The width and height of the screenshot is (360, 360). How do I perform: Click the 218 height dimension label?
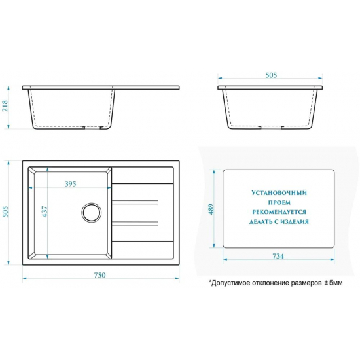click(x=5, y=106)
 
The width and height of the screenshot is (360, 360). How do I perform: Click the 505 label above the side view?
click(x=271, y=75)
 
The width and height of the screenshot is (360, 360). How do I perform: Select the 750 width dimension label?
click(x=99, y=275)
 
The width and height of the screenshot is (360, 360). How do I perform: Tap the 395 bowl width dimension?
click(x=70, y=184)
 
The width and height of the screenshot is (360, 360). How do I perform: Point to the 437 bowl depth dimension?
click(x=45, y=211)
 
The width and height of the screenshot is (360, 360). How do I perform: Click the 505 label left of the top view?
click(x=5, y=211)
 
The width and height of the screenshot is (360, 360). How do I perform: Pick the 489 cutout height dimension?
click(x=211, y=209)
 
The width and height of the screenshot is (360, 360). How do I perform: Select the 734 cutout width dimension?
click(x=278, y=256)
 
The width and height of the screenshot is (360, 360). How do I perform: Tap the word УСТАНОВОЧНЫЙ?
click(x=279, y=192)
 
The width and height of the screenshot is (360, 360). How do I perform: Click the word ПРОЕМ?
click(x=279, y=202)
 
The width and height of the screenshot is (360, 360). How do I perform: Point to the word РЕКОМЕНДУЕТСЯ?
click(x=279, y=212)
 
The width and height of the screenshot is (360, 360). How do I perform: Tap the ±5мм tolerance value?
click(x=333, y=283)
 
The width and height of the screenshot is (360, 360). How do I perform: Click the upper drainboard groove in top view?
click(x=135, y=202)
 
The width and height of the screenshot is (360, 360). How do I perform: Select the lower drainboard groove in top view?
click(x=135, y=223)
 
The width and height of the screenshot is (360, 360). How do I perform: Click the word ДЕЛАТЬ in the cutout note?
click(x=259, y=222)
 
